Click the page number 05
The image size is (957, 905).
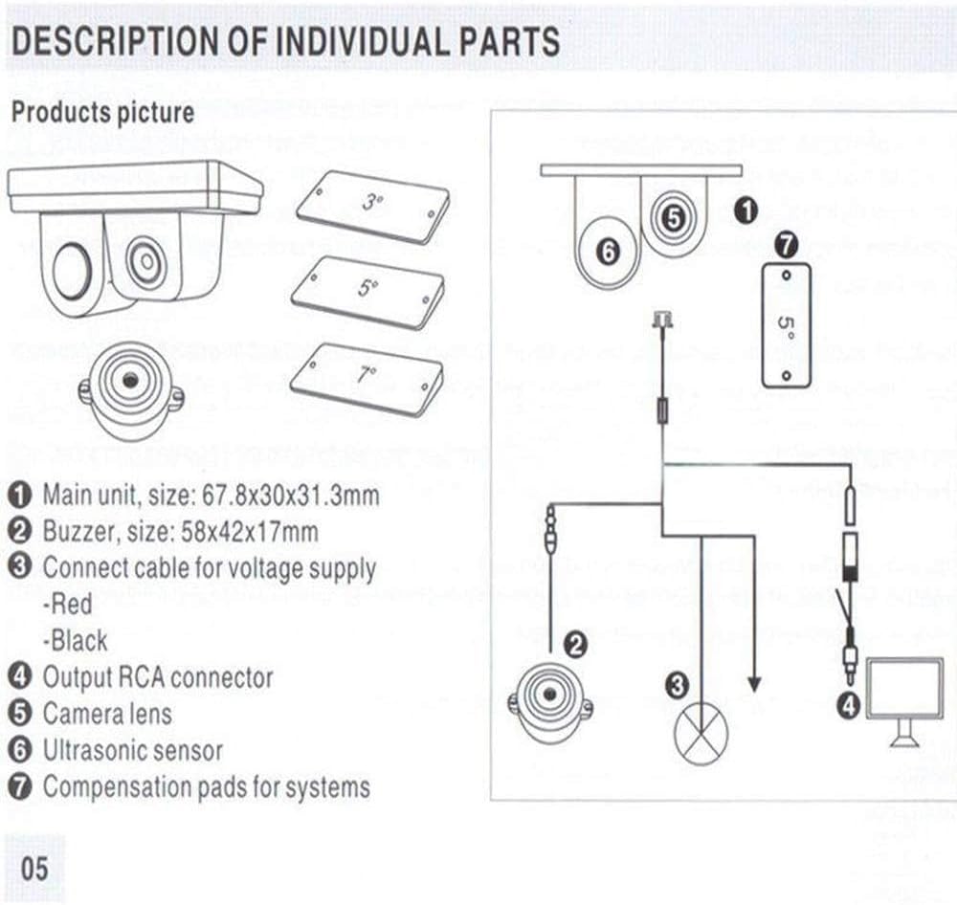33,869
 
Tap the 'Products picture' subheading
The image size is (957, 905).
102,113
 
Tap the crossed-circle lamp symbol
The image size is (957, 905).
701,733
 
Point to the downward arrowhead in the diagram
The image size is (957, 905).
753,683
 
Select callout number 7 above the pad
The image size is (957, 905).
786,246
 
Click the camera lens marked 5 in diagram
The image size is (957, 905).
674,218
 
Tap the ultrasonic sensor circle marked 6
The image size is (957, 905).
609,252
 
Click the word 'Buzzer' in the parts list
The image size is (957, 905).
74,532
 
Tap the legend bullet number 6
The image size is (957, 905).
20,751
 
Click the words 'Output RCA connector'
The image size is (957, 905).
158,677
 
